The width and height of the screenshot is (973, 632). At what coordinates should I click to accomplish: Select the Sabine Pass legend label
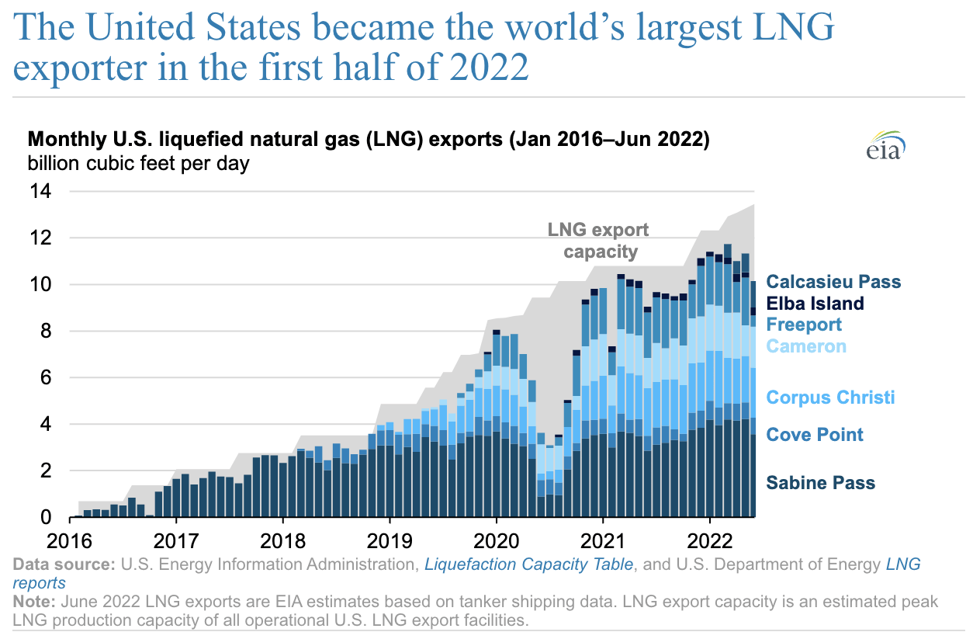[820, 483]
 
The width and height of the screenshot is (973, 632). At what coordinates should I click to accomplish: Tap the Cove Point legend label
[814, 434]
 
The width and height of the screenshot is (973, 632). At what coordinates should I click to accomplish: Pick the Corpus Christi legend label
[830, 398]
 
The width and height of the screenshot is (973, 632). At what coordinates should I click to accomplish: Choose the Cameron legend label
[806, 346]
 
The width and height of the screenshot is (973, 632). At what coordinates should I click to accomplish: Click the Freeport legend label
[804, 325]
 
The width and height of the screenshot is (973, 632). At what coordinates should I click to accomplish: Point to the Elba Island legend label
[815, 303]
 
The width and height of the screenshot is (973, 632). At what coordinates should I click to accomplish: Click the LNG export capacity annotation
[598, 241]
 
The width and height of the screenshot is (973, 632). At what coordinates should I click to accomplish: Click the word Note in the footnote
[31, 602]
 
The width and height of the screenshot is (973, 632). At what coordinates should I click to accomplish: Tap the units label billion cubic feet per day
[138, 164]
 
